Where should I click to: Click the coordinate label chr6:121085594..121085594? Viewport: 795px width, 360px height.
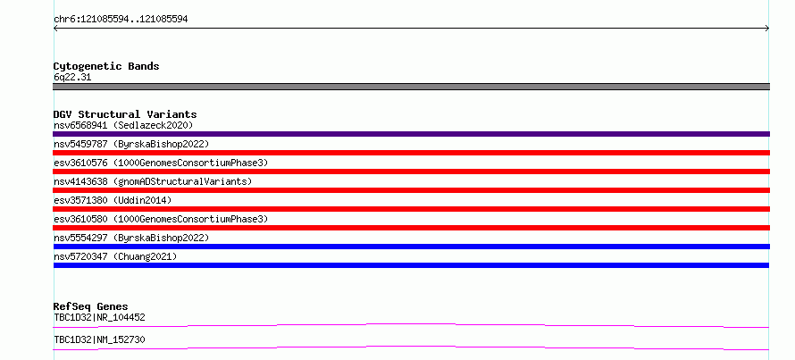(121, 20)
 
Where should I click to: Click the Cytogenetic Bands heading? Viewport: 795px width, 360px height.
(106, 66)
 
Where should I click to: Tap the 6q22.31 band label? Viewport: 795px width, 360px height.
(72, 78)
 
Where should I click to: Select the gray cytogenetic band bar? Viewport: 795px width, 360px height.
(411, 87)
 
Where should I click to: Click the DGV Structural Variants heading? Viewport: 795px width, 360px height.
(125, 114)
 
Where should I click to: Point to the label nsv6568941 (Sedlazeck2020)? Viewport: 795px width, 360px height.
(123, 125)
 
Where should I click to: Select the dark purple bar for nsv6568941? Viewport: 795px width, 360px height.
(411, 134)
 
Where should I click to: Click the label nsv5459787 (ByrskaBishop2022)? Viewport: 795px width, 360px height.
(131, 144)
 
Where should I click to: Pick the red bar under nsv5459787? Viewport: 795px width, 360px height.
(411, 153)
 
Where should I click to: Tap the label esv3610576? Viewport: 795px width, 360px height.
(80, 163)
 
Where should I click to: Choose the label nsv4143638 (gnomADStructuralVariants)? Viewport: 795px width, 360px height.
(153, 181)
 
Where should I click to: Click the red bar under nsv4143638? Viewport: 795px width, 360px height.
(411, 190)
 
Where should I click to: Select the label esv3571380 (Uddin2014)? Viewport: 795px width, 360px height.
(113, 200)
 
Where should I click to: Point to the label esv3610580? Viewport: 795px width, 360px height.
(80, 219)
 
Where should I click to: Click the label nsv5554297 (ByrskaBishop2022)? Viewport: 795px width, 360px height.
(131, 238)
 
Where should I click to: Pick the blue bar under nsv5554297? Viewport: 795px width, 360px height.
(411, 247)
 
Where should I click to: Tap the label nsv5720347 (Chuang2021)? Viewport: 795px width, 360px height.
(115, 256)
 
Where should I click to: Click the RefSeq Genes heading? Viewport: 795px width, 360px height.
(91, 306)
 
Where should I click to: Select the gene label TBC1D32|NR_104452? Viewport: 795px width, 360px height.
(99, 318)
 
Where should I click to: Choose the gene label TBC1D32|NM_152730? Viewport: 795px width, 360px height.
(99, 339)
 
